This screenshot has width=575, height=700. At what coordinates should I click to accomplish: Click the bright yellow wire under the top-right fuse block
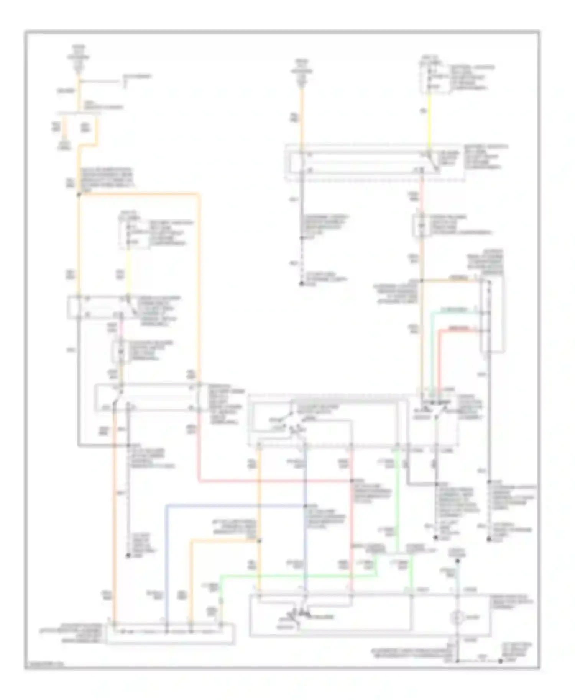pos(429,119)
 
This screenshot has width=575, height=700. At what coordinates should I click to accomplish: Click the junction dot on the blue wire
pos(306,505)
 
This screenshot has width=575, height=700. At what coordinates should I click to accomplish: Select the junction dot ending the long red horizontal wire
pos(352,481)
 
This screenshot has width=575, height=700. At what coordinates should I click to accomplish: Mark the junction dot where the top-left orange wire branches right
pos(79,195)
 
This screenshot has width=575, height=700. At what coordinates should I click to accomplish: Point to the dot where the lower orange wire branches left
pos(260,541)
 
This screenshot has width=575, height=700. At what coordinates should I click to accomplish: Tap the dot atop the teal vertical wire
pos(457,562)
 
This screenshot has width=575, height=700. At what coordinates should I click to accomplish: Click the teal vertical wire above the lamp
pos(457,578)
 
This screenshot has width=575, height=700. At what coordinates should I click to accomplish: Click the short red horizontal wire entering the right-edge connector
pos(460,329)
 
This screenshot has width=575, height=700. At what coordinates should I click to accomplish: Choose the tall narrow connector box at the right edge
pos(493,314)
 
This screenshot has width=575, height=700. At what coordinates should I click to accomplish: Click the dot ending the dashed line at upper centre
pos(302,284)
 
